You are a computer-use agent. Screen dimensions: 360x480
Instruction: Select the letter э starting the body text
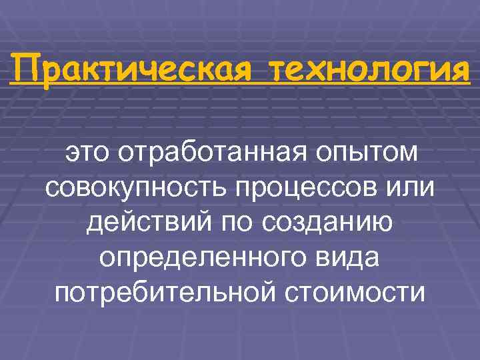coord(71,153)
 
